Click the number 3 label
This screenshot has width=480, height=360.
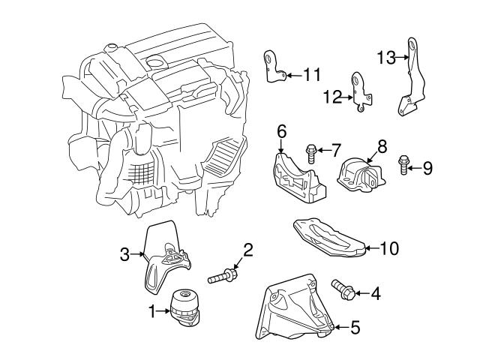coord(125,255)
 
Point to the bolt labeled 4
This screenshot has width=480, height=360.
coord(343,289)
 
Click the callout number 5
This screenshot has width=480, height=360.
coord(355,327)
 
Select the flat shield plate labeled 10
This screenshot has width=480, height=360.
coord(327,238)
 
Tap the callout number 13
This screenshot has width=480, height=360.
coord(385,57)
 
